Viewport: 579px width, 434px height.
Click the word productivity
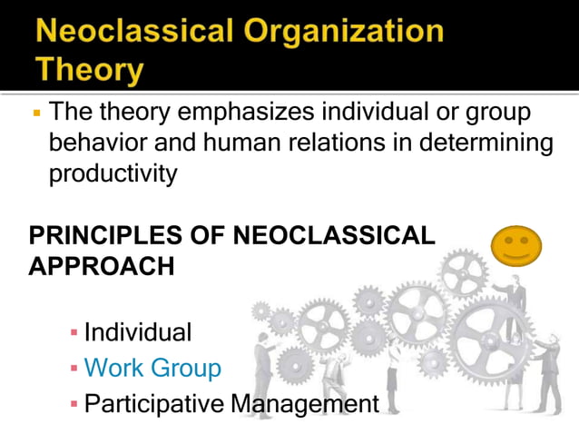(x=113, y=173)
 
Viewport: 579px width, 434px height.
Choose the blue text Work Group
(x=152, y=368)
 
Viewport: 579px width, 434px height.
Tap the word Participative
(x=153, y=403)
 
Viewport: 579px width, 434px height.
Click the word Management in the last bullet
(x=303, y=403)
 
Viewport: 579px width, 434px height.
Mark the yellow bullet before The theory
(x=35, y=115)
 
